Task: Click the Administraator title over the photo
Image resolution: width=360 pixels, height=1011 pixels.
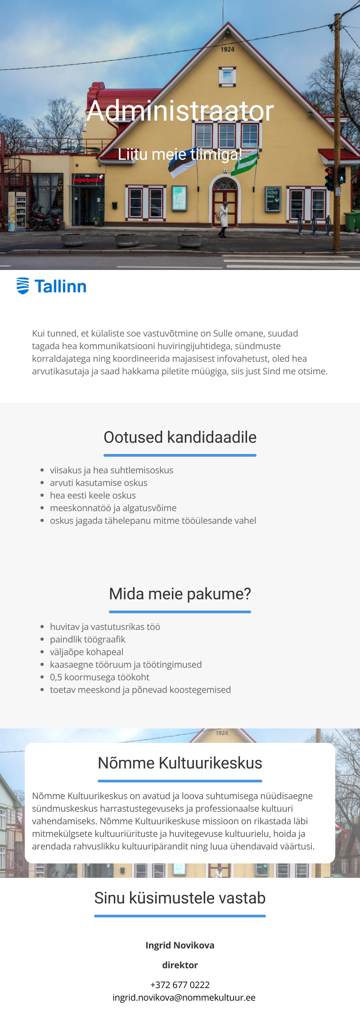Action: pos(180,111)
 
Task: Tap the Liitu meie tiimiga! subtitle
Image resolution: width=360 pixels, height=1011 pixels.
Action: pos(180,154)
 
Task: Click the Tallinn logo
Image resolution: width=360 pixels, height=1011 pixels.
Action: pos(51,286)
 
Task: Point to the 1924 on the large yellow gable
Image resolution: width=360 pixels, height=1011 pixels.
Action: pos(227,49)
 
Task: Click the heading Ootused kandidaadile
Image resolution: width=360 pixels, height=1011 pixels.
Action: pos(180,437)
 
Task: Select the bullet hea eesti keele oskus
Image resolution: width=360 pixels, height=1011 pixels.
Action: pos(93,495)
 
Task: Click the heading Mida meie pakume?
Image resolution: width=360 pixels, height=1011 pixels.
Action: pos(180,594)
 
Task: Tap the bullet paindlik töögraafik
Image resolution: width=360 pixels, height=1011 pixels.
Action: pos(88,639)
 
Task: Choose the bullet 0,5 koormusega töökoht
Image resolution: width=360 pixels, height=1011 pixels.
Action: pos(99,677)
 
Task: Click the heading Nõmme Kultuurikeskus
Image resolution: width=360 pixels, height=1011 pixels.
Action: pos(180,763)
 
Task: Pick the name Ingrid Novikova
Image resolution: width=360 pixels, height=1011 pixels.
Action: pos(180,945)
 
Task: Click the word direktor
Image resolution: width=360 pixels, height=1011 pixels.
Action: pos(180,965)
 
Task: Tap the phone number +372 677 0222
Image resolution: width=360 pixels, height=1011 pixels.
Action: pos(180,985)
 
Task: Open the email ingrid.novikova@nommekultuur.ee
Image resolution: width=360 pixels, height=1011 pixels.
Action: pos(184,998)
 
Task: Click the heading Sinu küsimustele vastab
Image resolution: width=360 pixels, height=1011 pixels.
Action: pos(180,898)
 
